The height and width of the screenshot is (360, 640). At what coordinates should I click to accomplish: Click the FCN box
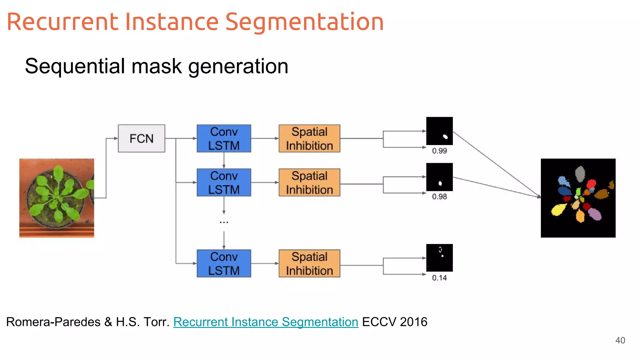(x=141, y=138)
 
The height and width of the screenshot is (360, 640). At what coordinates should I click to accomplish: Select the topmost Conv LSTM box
(x=224, y=138)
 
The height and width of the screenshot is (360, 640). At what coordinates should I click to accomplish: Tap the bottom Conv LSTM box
(x=224, y=263)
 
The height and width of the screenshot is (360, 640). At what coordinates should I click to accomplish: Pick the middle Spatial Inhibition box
(x=309, y=182)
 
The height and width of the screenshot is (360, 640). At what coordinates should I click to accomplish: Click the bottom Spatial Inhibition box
(x=309, y=263)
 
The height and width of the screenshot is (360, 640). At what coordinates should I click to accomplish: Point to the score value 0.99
(x=439, y=151)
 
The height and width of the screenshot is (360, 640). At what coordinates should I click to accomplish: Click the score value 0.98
(x=439, y=197)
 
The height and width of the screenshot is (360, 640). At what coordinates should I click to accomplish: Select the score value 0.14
(x=439, y=278)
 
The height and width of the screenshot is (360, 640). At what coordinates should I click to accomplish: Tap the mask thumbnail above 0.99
(x=439, y=131)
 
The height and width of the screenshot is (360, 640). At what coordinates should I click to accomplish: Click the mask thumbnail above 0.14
(x=439, y=258)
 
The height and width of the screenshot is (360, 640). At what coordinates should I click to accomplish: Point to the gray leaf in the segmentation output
(x=580, y=173)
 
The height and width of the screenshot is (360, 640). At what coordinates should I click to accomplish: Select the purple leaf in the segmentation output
(x=595, y=214)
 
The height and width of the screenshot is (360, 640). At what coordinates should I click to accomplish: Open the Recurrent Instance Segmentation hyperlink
(x=266, y=322)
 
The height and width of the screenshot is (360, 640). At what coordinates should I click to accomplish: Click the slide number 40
(x=620, y=340)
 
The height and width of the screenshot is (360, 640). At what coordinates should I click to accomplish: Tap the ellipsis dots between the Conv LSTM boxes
(x=224, y=222)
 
